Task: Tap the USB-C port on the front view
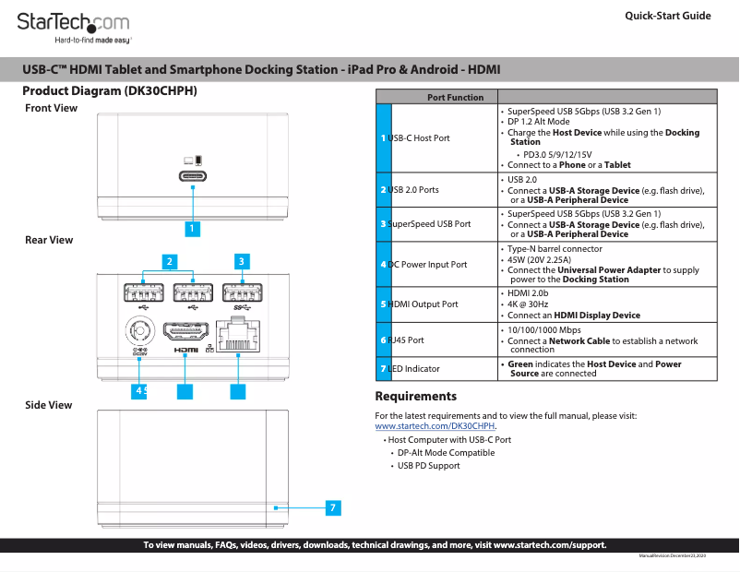193,176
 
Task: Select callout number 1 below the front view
192,227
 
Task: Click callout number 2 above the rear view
169,261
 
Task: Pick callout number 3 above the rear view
241,261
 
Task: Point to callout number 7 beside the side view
333,507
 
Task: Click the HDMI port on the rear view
186,330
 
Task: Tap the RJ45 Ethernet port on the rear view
239,331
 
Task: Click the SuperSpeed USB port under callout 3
242,293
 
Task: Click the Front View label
51,108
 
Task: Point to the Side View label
48,405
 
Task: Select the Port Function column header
436,97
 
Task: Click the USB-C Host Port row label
419,137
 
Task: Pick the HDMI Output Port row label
423,304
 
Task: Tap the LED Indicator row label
413,368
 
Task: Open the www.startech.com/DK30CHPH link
435,426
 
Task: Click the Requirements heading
415,397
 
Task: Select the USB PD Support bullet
428,466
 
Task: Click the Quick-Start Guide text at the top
667,16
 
